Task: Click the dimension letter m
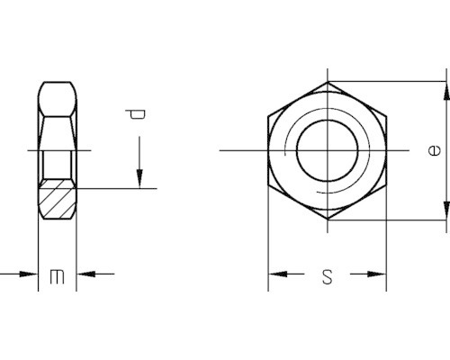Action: (57, 276)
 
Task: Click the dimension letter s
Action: (328, 276)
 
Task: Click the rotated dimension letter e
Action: (435, 150)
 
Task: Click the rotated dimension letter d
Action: (136, 114)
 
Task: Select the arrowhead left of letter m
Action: (29, 274)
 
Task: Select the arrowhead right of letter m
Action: (85, 274)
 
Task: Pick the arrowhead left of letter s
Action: (277, 274)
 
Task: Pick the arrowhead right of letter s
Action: (377, 274)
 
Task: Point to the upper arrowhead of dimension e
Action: (446, 91)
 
